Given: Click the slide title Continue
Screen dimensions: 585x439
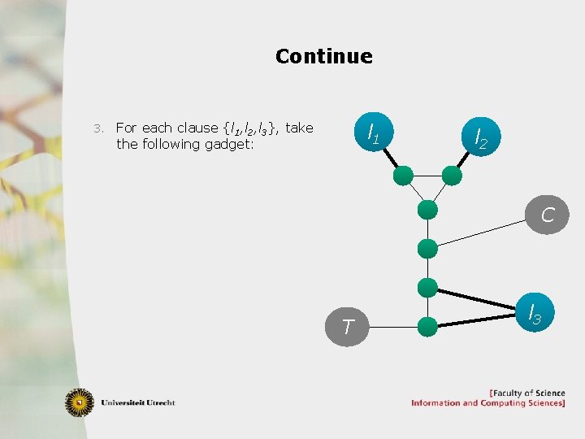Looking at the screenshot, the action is (323, 56).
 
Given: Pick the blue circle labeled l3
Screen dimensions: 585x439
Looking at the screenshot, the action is (535, 311).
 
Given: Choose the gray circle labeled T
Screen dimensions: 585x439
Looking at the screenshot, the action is (348, 327).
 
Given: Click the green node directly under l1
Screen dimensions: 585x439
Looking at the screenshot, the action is (403, 175).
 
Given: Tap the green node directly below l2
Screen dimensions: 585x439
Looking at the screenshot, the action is (453, 175).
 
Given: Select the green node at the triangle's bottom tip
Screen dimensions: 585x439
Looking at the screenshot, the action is (427, 210).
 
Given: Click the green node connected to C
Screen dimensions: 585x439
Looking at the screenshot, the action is (427, 249).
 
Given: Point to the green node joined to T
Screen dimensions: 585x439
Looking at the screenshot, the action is (427, 327).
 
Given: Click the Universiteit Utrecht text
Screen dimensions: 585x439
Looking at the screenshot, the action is (138, 402).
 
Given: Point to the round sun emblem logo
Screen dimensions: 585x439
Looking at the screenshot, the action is (80, 402).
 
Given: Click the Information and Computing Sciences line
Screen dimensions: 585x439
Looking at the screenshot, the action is (487, 403).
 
